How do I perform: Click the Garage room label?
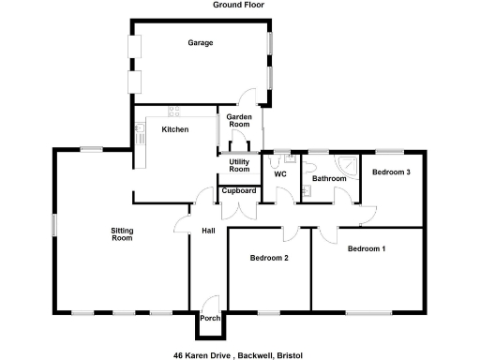[200, 43]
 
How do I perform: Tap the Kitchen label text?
[175, 129]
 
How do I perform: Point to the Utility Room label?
[240, 165]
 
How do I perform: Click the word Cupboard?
[239, 191]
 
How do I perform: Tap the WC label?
[279, 174]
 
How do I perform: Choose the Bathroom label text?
[329, 178]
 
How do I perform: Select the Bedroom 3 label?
[391, 172]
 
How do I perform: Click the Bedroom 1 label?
[366, 249]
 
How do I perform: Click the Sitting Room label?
[122, 234]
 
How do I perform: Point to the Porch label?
[211, 319]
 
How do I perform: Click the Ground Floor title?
[239, 6]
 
